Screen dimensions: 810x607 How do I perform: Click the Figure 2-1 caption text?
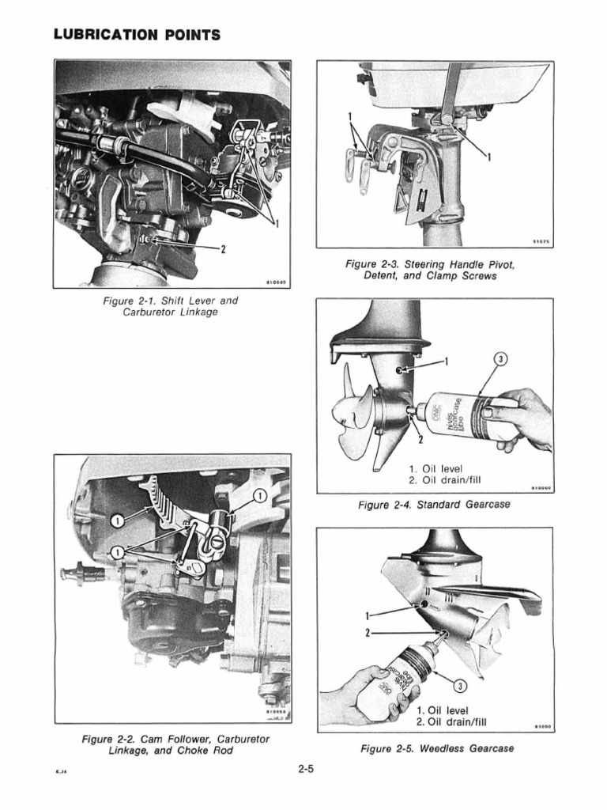click(170, 306)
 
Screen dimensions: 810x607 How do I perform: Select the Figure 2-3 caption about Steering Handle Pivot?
click(435, 270)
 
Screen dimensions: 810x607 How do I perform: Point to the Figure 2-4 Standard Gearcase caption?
click(435, 504)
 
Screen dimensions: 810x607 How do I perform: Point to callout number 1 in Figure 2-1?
click(277, 224)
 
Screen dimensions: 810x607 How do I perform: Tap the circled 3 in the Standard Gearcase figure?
click(500, 360)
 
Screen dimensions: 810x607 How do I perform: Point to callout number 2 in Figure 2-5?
click(368, 633)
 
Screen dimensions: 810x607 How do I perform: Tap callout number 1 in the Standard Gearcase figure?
click(445, 361)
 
